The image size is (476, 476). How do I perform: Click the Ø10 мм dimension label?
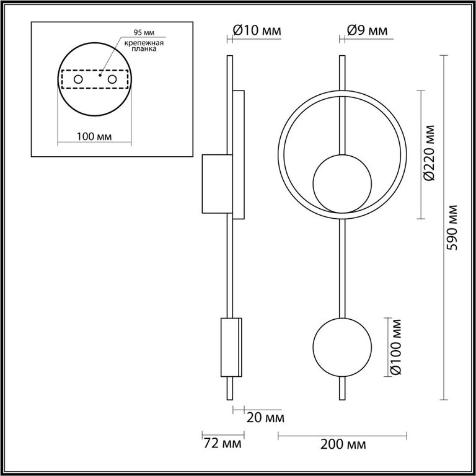pos(257,30)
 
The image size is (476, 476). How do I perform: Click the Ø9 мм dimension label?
pos(367,30)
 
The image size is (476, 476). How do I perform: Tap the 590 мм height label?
pos(452,227)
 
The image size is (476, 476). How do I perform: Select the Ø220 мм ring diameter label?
pos(430,152)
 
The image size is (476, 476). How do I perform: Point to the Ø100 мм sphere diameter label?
pos(395,347)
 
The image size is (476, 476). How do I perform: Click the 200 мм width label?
pos(343,445)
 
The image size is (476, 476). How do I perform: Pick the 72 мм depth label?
pos(223,444)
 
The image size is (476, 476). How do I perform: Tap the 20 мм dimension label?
pos(265,418)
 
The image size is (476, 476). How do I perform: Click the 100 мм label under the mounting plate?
pos(94,136)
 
